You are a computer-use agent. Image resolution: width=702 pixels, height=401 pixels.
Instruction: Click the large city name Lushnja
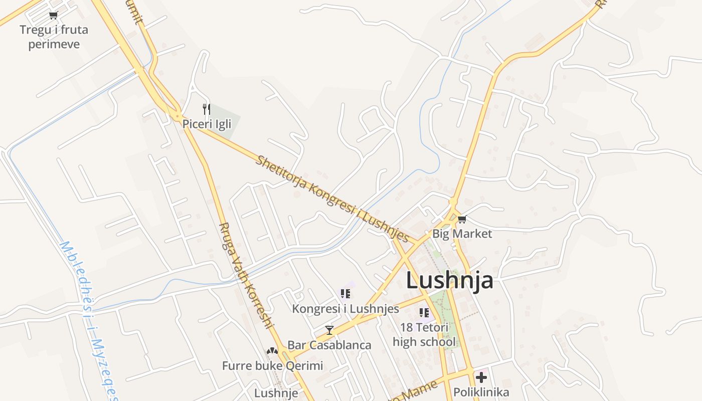(x=449, y=280)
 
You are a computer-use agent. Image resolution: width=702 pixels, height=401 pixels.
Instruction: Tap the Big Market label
(x=462, y=234)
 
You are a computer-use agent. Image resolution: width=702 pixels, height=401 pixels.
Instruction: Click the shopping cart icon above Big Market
(x=462, y=219)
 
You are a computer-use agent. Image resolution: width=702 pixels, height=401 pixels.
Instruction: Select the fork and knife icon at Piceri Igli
(x=206, y=109)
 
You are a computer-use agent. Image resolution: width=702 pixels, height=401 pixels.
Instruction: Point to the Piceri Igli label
(x=207, y=124)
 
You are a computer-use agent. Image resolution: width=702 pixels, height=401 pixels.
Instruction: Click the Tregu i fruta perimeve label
(x=54, y=37)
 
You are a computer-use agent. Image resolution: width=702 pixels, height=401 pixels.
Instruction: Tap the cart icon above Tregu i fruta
(x=54, y=15)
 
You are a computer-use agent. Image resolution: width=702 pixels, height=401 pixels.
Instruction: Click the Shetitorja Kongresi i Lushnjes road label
(x=332, y=199)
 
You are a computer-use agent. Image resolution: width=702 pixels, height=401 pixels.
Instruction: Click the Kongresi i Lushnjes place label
(x=345, y=309)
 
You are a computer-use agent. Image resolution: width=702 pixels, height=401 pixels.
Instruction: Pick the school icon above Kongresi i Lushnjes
(x=345, y=293)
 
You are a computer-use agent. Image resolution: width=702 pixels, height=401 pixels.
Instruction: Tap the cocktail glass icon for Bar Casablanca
(x=329, y=330)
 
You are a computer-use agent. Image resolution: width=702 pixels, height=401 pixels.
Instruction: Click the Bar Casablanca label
(x=329, y=345)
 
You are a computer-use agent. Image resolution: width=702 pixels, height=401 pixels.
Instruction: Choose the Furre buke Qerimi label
(x=272, y=365)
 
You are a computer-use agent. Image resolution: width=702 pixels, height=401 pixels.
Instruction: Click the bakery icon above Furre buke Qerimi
(x=272, y=351)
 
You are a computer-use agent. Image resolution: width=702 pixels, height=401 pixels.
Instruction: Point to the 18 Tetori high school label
(x=424, y=335)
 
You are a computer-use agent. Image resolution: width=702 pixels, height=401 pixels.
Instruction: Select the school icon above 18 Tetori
(x=424, y=313)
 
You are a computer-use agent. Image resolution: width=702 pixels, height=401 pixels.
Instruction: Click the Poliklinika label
(x=481, y=392)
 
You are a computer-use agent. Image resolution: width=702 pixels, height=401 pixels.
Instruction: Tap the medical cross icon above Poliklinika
(x=481, y=377)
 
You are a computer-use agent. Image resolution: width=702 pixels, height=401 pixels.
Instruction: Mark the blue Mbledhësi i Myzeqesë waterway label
(x=88, y=321)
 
